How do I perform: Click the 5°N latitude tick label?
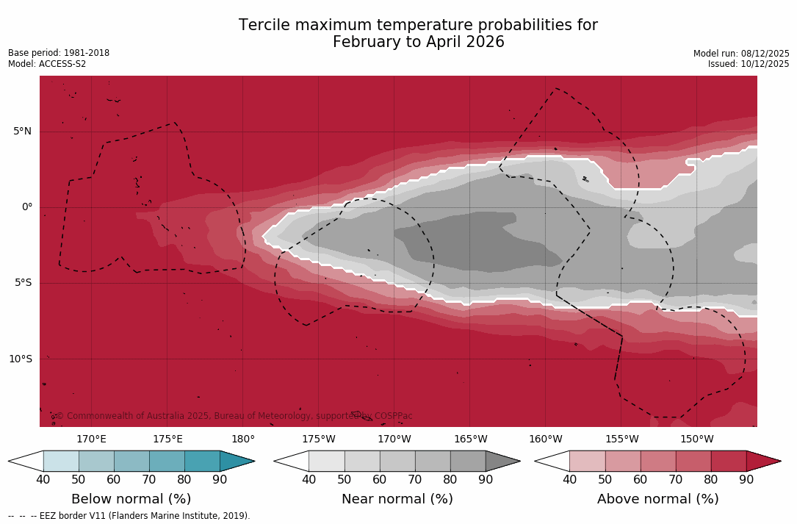[x=22, y=132]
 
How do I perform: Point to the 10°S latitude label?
[x=20, y=359]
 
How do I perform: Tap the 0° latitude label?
[x=27, y=207]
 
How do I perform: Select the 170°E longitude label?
[x=91, y=439]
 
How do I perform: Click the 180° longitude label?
[x=243, y=439]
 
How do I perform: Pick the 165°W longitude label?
[x=470, y=439]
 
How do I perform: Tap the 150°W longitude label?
[x=696, y=439]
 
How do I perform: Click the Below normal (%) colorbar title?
[x=131, y=499]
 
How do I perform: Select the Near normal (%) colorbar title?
[x=397, y=499]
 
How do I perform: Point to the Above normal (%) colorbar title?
[x=657, y=499]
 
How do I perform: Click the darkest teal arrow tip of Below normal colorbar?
[x=237, y=461]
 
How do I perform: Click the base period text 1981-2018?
[x=86, y=53]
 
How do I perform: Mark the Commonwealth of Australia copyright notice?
[x=234, y=416]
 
